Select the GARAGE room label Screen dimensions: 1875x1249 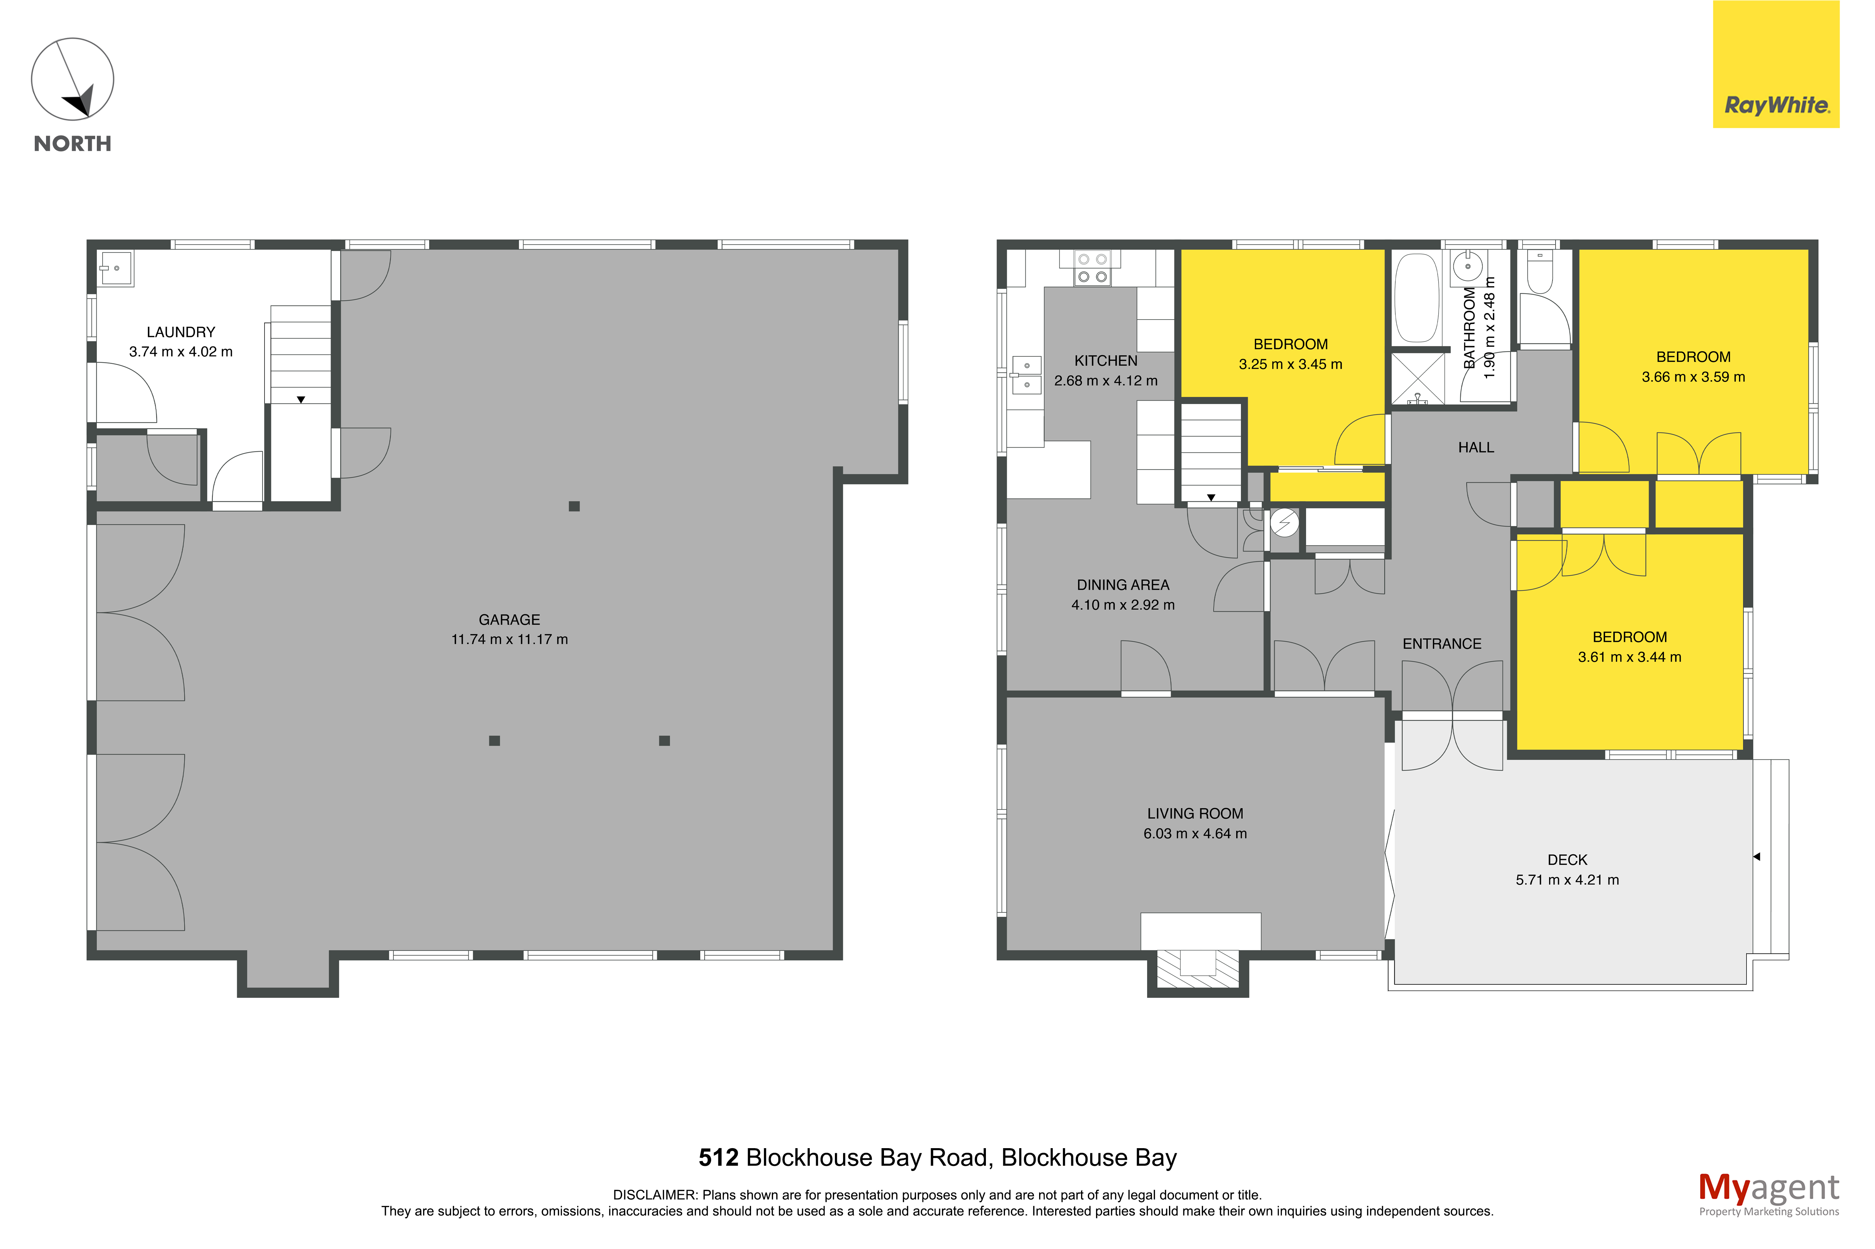[x=509, y=620]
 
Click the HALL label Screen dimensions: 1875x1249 [x=1476, y=448]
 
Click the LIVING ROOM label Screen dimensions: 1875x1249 [x=1195, y=813]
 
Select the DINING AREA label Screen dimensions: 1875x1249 [x=1123, y=585]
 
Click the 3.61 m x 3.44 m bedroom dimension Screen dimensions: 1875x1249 [x=1630, y=657]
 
